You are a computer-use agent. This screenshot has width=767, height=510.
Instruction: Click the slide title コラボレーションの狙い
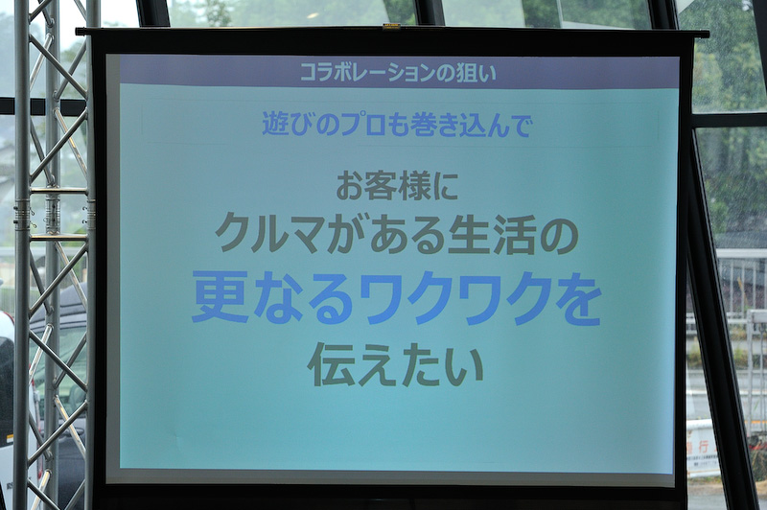point(397,72)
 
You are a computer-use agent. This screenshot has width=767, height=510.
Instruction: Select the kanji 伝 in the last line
point(330,364)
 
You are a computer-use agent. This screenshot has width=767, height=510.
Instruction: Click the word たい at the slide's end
point(443,365)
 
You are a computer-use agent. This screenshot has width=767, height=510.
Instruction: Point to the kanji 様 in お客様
point(406,185)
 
